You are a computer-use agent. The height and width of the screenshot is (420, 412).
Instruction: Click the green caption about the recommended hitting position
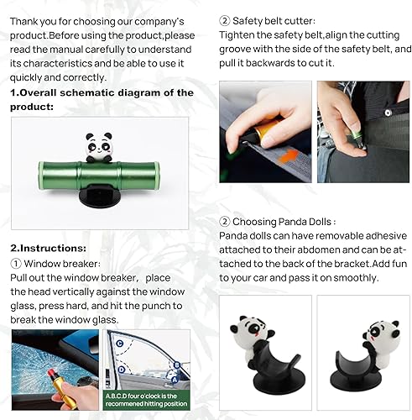(x=148, y=399)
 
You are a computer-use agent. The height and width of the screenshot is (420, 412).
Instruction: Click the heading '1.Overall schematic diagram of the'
(x=102, y=92)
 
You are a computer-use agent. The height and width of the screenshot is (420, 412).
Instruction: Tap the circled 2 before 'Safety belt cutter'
(x=225, y=19)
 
